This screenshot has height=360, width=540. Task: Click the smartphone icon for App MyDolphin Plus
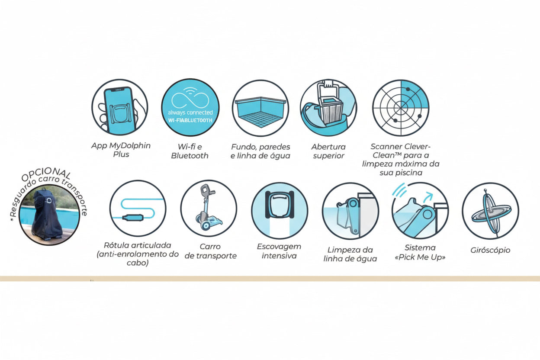point(119,107)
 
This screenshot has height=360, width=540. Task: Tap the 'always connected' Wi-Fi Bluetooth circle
point(190,107)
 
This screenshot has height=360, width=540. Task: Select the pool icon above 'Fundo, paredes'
point(260,108)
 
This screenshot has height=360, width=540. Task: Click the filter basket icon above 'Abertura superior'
point(328,108)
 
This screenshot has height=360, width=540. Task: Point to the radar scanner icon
point(401,108)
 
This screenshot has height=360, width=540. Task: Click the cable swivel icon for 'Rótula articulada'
point(138,208)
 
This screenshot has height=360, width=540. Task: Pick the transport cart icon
point(209,208)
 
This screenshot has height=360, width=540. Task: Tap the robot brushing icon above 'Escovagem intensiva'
point(280,210)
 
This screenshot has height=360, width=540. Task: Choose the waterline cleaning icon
point(350,211)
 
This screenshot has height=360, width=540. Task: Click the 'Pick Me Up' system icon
point(420,210)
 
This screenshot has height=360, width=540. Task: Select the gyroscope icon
point(491,211)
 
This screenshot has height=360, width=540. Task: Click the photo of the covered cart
point(49,215)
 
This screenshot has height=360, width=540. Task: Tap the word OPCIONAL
point(46,174)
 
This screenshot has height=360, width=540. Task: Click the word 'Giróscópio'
point(490,250)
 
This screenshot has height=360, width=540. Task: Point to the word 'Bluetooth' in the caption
point(190,156)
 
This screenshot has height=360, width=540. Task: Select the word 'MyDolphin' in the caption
point(130,146)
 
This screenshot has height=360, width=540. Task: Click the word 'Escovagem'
point(279,247)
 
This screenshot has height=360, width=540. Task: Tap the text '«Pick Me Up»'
point(420,257)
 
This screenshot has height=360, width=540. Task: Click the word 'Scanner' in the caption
point(384,146)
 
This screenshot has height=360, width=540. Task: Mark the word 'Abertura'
point(328,147)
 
